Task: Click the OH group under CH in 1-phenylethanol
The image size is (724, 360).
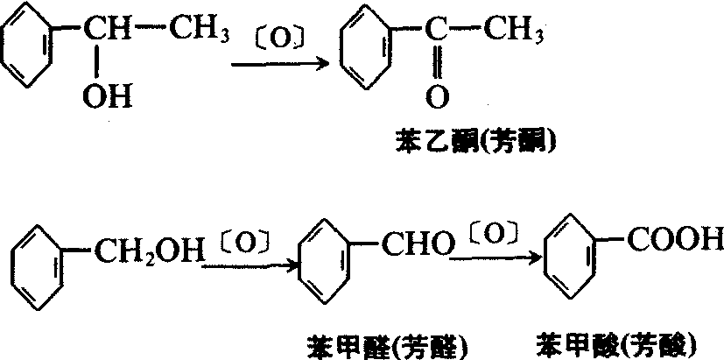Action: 107,97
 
